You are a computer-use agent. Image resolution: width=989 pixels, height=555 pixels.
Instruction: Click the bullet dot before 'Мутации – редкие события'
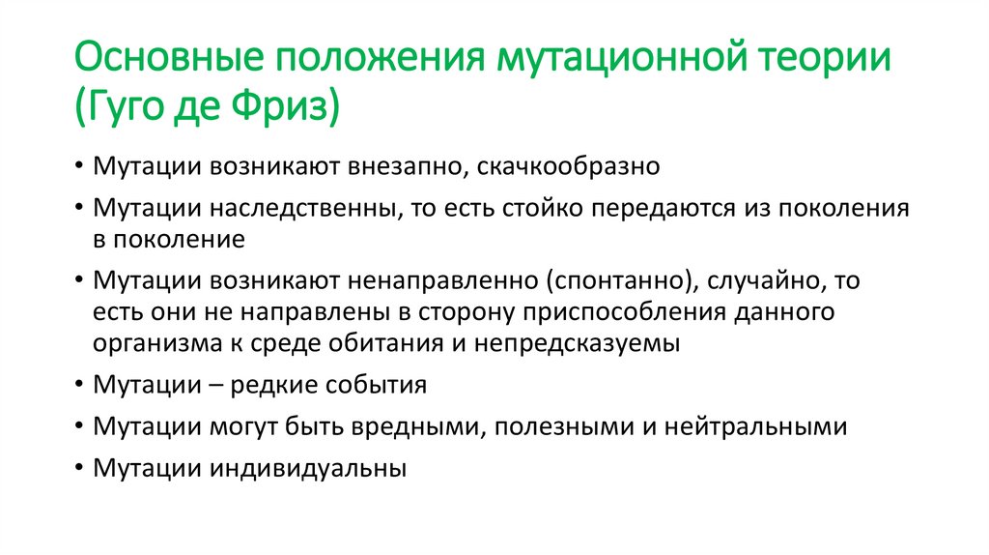click(77, 385)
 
